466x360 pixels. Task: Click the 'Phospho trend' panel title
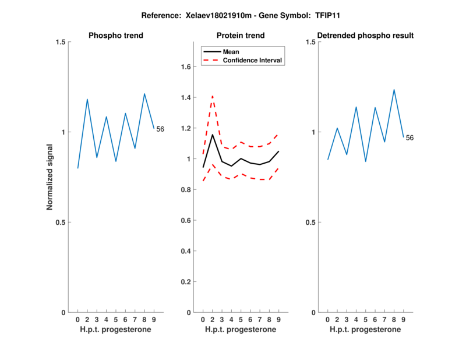coord(115,36)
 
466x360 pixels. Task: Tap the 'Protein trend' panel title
coord(240,36)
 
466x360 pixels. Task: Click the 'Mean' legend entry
coord(231,52)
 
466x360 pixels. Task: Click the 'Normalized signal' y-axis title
coord(50,177)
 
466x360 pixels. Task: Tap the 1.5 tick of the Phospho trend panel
coord(59,42)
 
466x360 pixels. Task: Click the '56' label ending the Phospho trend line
coord(160,129)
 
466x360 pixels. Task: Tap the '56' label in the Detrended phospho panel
coord(409,138)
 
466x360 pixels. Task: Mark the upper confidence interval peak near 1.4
coord(213,96)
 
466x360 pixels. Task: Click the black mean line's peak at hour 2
coord(213,135)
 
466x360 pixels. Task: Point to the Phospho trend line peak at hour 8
coord(144,94)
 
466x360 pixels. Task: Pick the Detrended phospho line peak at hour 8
coord(394,90)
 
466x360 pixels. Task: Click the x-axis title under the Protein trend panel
coord(240,330)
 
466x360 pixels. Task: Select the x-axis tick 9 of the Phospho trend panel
coord(154,319)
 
